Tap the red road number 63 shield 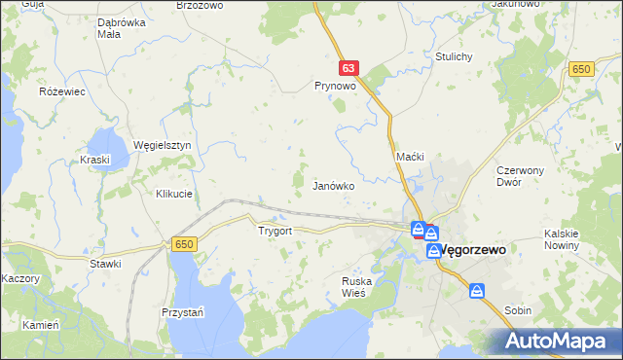(350, 68)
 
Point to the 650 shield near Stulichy (582, 68)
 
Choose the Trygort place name (275, 232)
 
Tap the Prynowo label (334, 86)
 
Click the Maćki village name (411, 157)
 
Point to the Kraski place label (96, 159)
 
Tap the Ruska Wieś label (357, 287)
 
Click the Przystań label (182, 312)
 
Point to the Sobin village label (518, 310)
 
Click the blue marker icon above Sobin (477, 290)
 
